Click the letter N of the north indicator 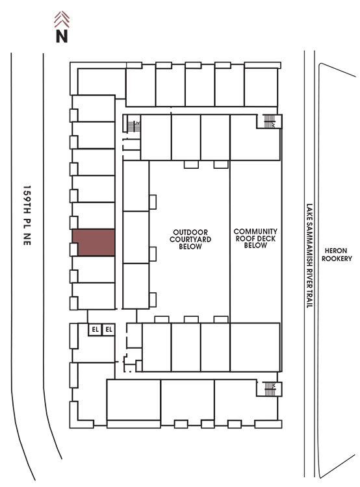pos(62,36)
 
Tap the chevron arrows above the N pos(62,19)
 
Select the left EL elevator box pos(95,329)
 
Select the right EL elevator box pos(109,329)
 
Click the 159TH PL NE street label pos(27,216)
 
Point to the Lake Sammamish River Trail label pos(309,256)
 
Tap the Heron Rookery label pos(337,255)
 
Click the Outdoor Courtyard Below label pos(190,239)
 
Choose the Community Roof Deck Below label pos(255,238)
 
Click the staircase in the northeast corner pos(269,121)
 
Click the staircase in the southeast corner pos(270,389)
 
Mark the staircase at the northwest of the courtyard pos(134,125)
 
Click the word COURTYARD pos(190,239)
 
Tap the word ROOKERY pos(337,258)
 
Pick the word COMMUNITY pos(255,231)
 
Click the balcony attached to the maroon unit pos(73,249)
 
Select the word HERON pos(336,251)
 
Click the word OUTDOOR pos(190,232)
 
